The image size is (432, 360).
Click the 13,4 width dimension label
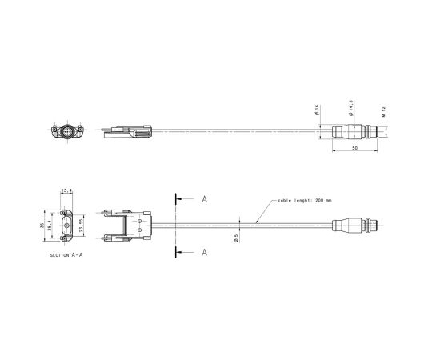66,190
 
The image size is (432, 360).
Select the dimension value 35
42,226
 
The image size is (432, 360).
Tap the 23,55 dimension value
82,227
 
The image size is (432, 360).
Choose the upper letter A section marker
205,198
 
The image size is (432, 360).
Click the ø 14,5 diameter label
351,107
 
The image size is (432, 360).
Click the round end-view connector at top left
67,130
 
